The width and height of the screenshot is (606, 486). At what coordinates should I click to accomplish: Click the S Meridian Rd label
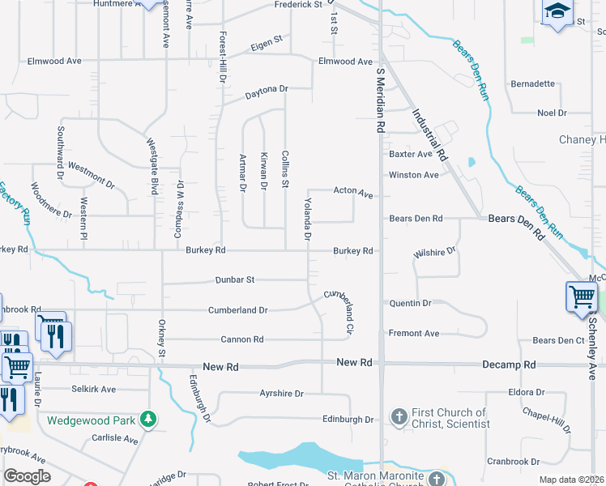pyautogui.click(x=378, y=100)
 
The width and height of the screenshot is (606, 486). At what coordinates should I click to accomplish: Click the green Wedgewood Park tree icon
pyautogui.click(x=148, y=419)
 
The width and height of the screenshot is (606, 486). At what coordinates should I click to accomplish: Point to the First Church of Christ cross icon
pyautogui.click(x=399, y=417)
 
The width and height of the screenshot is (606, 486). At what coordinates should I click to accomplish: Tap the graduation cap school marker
pyautogui.click(x=557, y=11)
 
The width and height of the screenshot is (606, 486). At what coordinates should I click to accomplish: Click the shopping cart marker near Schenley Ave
pyautogui.click(x=582, y=297)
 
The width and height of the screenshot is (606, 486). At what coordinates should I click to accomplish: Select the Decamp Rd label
pyautogui.click(x=509, y=364)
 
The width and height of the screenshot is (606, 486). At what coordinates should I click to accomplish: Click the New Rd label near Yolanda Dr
pyautogui.click(x=354, y=363)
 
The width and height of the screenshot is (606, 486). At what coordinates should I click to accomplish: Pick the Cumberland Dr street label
pyautogui.click(x=237, y=310)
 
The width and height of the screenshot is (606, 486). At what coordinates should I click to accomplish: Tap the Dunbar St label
pyautogui.click(x=235, y=279)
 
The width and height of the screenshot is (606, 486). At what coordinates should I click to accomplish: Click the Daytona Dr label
pyautogui.click(x=267, y=93)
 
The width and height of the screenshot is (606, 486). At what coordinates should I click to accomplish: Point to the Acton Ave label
pyautogui.click(x=353, y=193)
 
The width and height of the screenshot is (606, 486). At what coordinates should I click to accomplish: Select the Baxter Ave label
pyautogui.click(x=411, y=154)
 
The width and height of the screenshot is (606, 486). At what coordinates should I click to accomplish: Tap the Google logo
pyautogui.click(x=27, y=475)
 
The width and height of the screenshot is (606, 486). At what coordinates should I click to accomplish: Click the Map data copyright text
pyautogui.click(x=571, y=480)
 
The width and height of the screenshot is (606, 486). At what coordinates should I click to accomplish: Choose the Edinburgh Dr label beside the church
pyautogui.click(x=348, y=420)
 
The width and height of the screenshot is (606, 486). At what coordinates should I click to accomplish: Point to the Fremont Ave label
pyautogui.click(x=414, y=333)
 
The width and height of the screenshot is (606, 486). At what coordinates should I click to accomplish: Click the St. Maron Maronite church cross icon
pyautogui.click(x=437, y=477)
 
